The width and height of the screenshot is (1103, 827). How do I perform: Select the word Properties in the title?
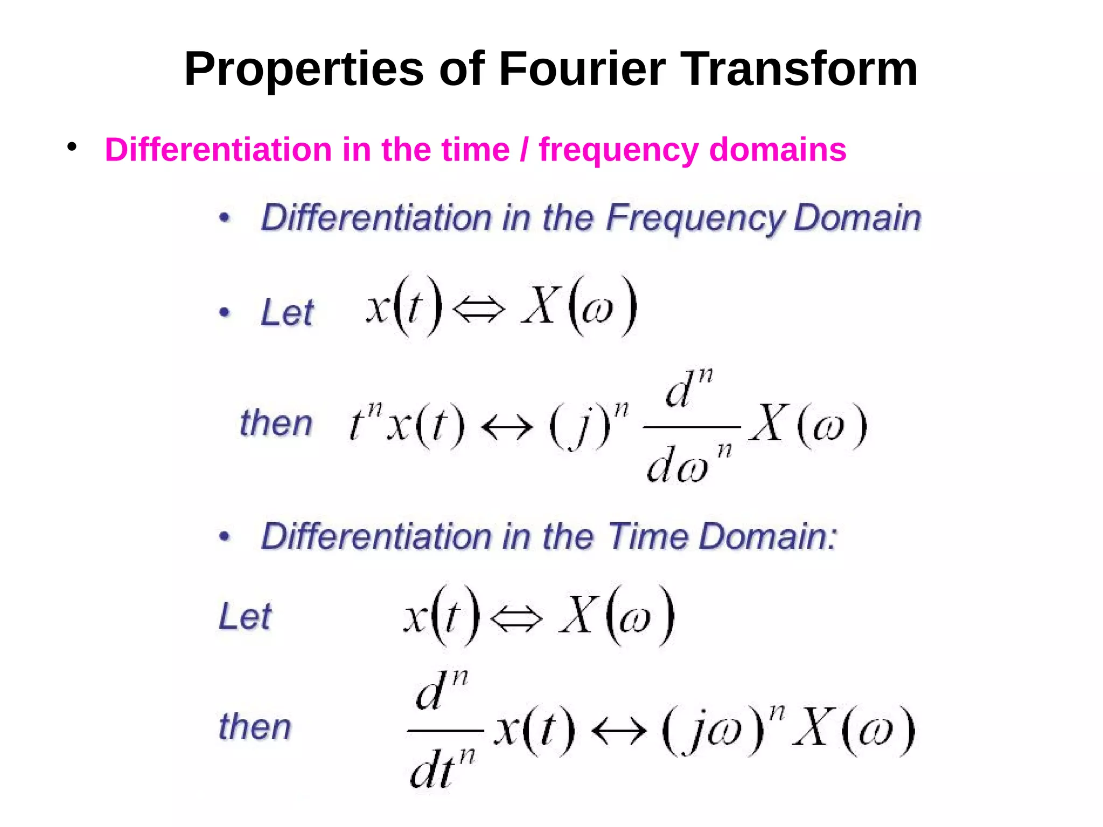(304, 70)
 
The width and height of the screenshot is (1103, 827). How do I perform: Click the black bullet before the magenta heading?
(72, 146)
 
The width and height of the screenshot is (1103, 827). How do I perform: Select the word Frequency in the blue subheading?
(695, 219)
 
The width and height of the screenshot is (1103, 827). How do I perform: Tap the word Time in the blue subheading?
(648, 537)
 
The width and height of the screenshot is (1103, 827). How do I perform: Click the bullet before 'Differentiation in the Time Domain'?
(225, 536)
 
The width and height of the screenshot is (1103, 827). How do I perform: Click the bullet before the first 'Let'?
(225, 312)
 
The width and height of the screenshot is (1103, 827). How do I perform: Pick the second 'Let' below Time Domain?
(245, 616)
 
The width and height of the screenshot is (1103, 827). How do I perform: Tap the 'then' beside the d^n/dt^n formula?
(255, 727)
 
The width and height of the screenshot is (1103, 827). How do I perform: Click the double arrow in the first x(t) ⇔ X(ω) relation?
(479, 310)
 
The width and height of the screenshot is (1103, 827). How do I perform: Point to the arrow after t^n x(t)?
(507, 428)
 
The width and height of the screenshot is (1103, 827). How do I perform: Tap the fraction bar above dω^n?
(692, 427)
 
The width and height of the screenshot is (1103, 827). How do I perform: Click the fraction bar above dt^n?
(445, 731)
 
